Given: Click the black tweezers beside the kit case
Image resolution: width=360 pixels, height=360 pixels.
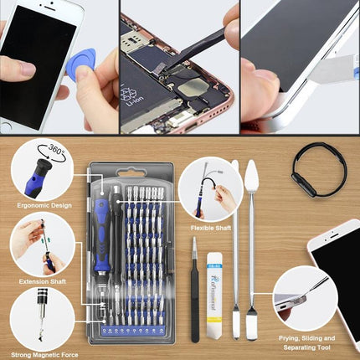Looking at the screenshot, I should (195, 289).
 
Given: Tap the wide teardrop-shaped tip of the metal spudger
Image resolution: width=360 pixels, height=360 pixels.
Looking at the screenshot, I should (251, 178).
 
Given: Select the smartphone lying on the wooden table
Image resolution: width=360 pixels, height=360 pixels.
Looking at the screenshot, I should (339, 268).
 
